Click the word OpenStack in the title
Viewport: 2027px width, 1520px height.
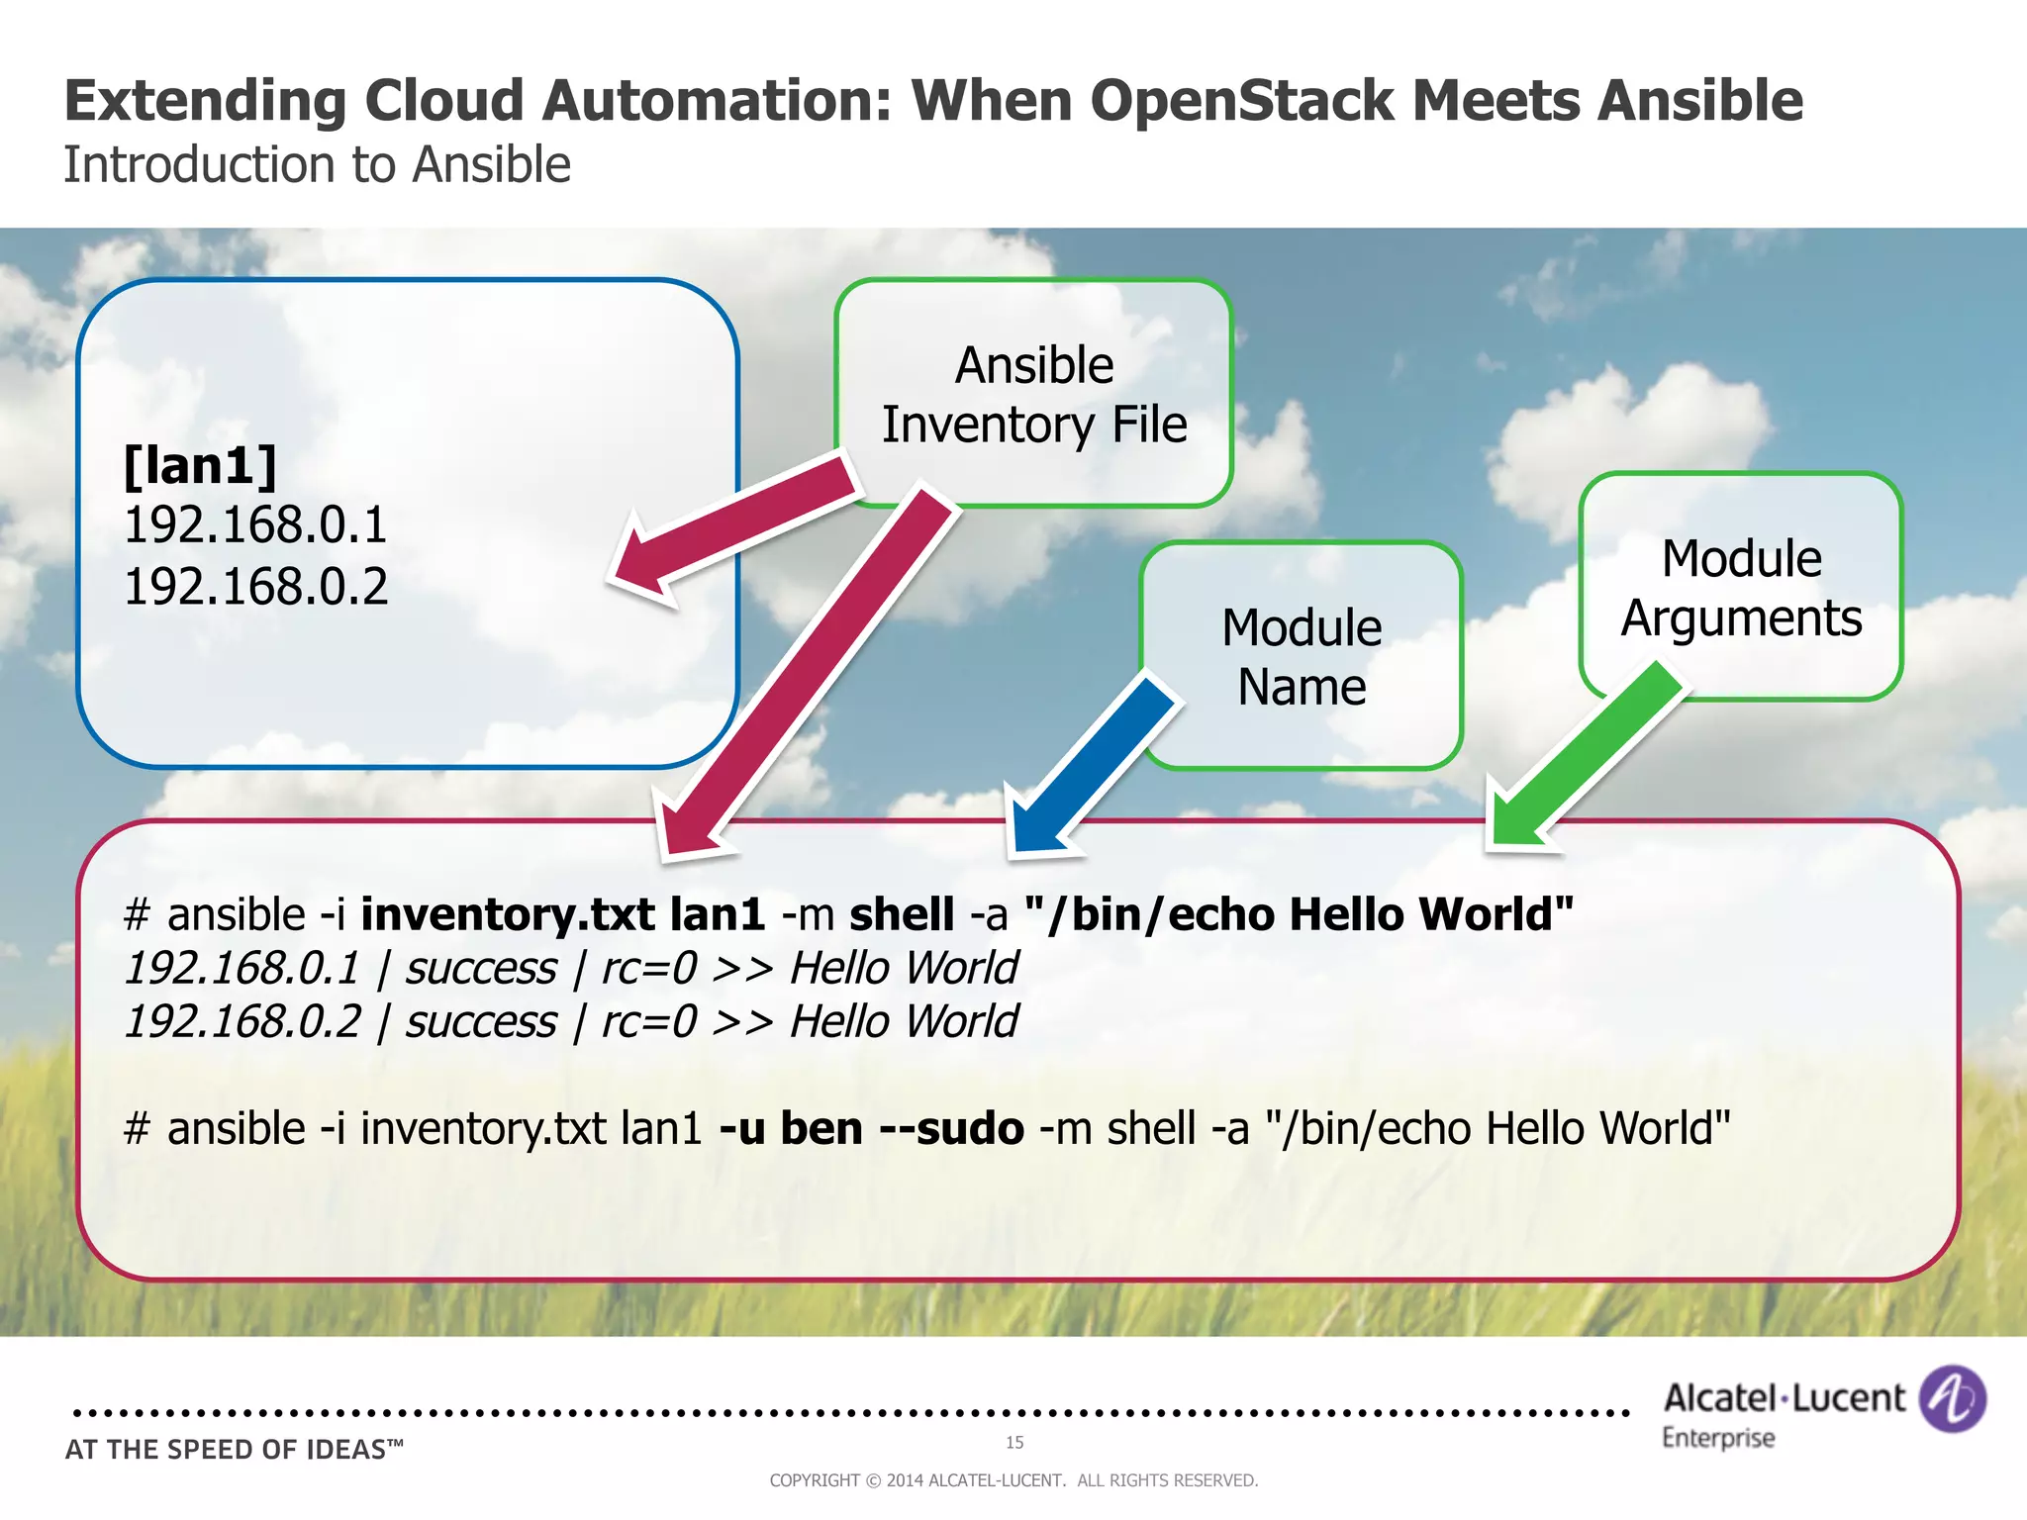pyautogui.click(x=1244, y=100)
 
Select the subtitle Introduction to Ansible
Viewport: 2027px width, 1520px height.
pyautogui.click(x=317, y=164)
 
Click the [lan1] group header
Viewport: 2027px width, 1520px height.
pyautogui.click(x=200, y=464)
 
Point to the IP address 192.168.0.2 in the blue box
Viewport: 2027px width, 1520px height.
pyautogui.click(x=255, y=587)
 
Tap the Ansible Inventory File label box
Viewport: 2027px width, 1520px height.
pyautogui.click(x=1034, y=394)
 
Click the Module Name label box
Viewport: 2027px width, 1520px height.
pyautogui.click(x=1302, y=656)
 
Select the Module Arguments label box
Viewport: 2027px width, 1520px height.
pyautogui.click(x=1741, y=587)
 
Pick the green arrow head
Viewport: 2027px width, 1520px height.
pyautogui.click(x=1519, y=816)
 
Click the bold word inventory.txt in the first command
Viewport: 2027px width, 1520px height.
pyautogui.click(x=507, y=913)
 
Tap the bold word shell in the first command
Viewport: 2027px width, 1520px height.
pyautogui.click(x=902, y=913)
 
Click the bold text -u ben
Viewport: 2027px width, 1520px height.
pyautogui.click(x=791, y=1128)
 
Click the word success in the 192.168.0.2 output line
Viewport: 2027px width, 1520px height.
pyautogui.click(x=481, y=1021)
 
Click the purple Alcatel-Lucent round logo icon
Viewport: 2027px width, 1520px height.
pyautogui.click(x=1951, y=1398)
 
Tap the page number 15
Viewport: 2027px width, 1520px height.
pyautogui.click(x=1014, y=1442)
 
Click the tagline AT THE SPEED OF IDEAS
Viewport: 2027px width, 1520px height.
pyautogui.click(x=234, y=1450)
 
